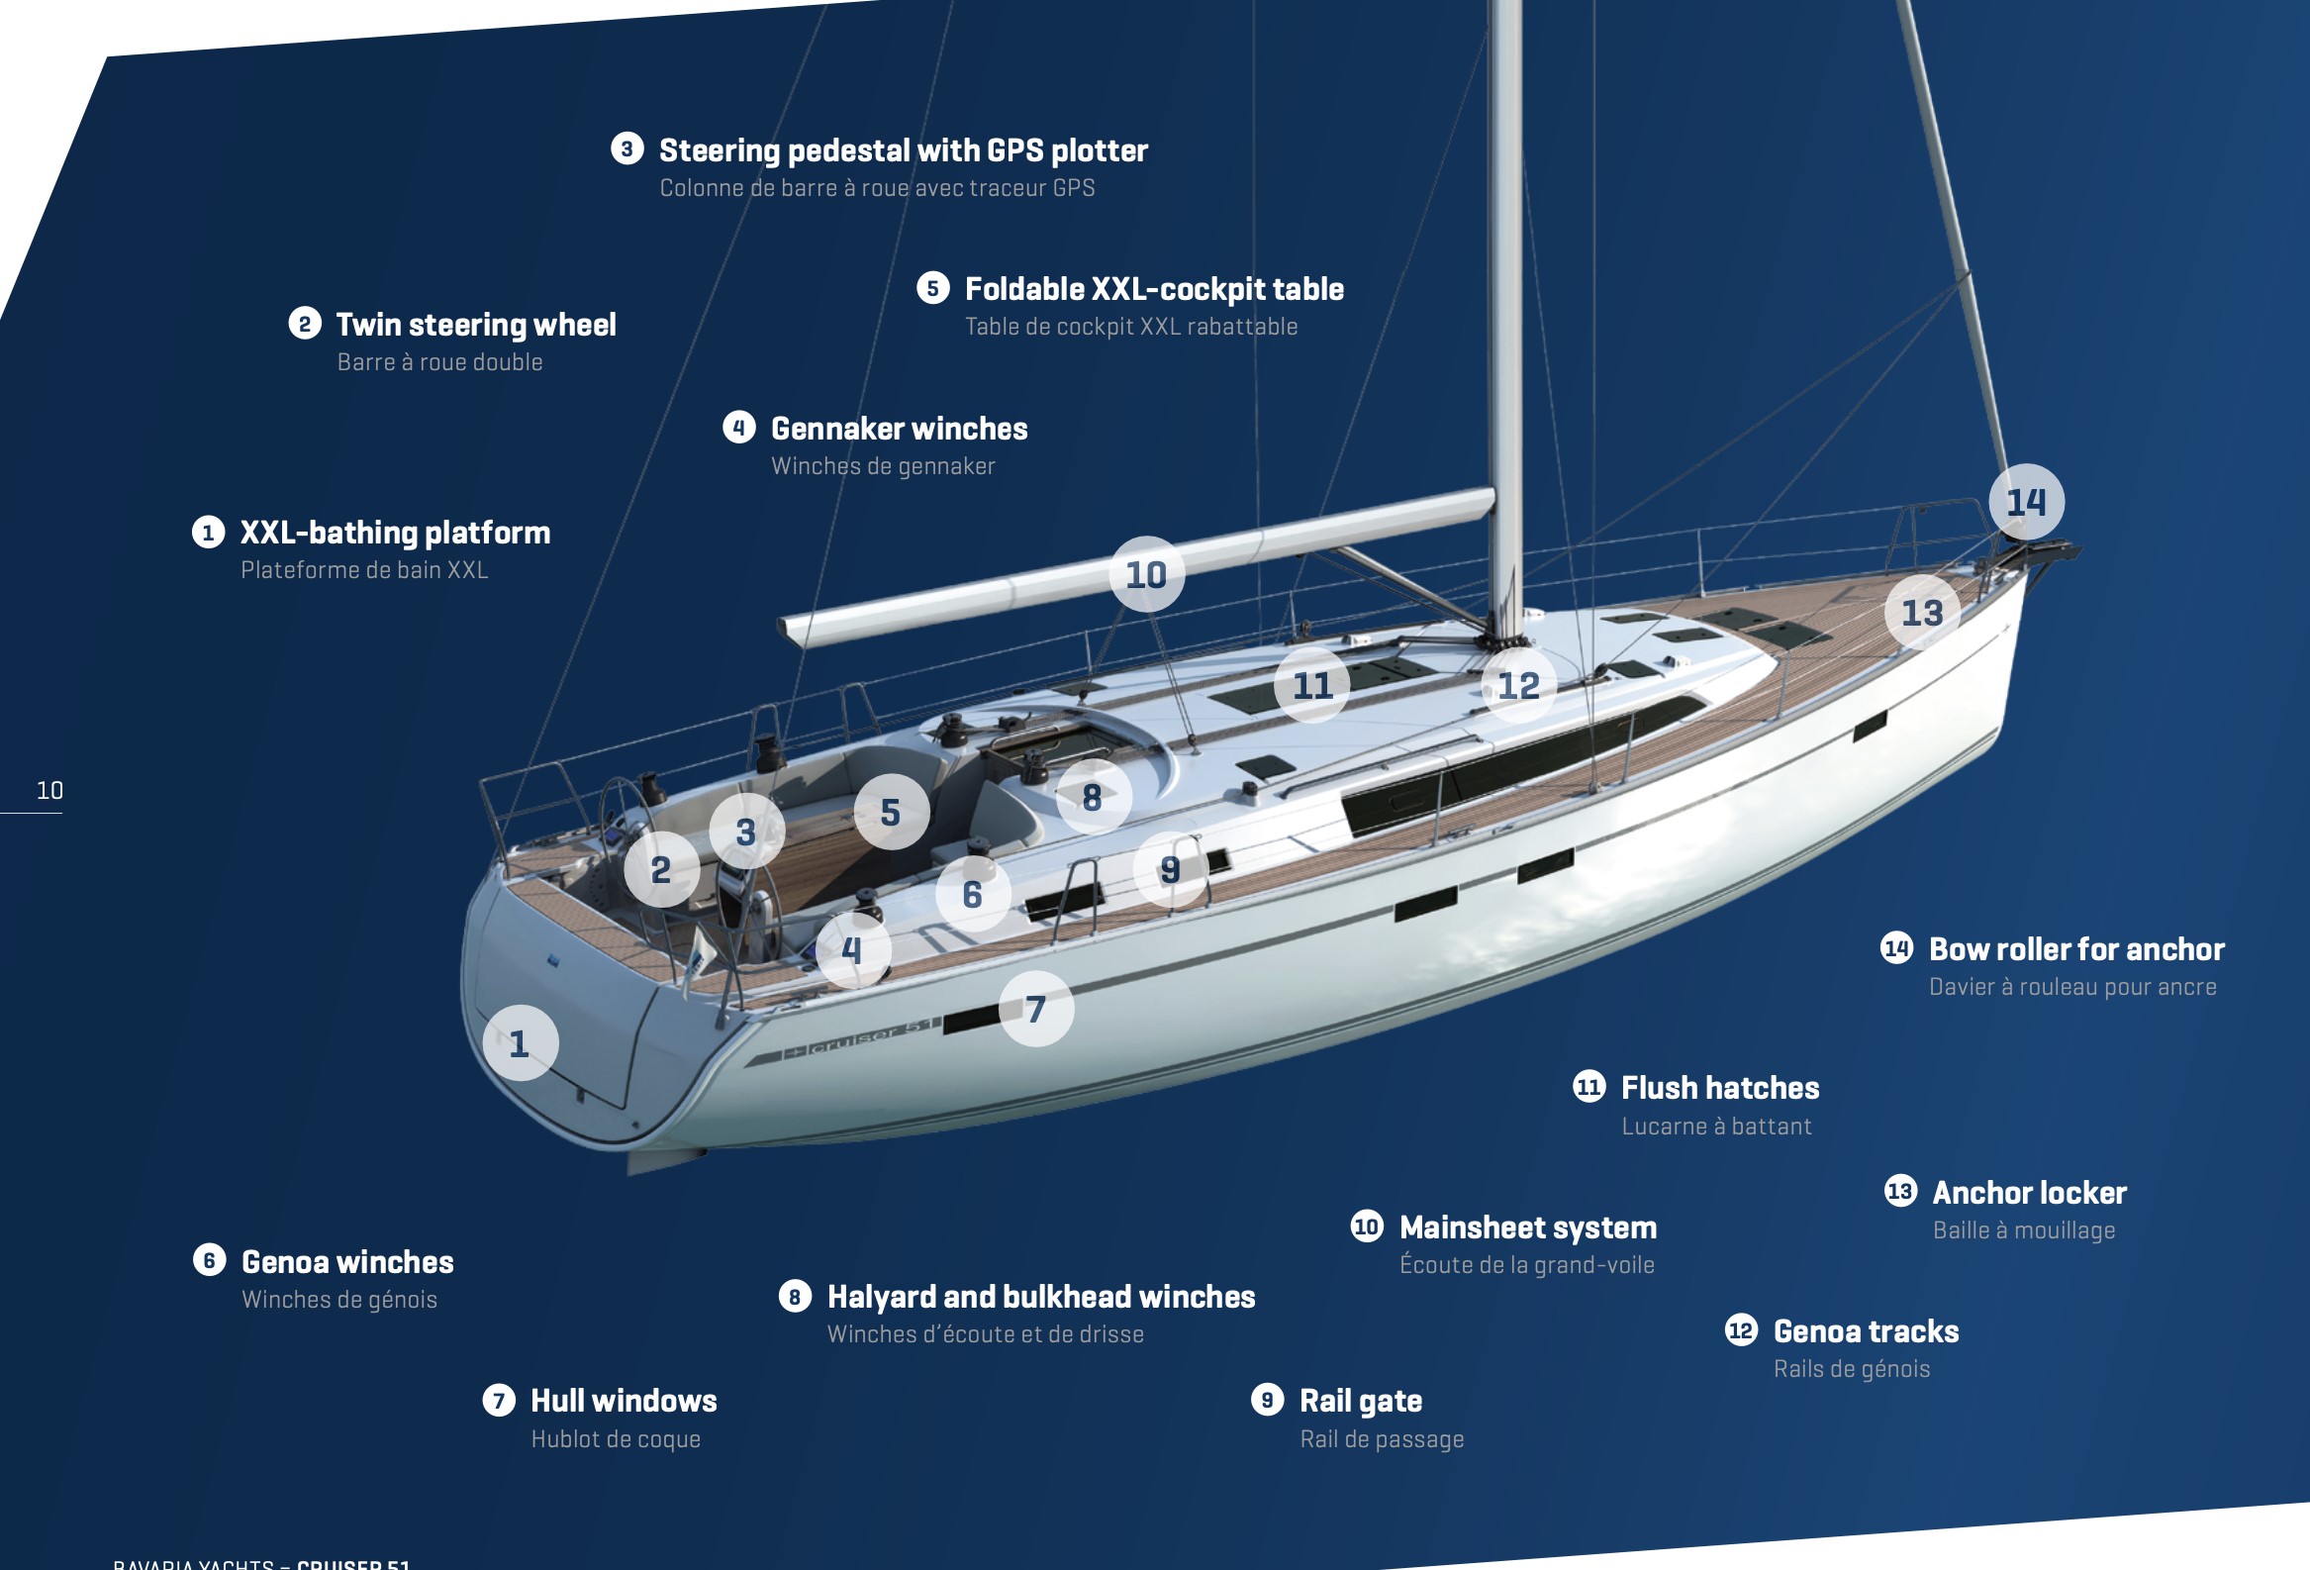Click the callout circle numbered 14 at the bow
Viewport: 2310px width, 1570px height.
[2026, 502]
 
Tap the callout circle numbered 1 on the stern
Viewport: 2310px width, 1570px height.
[520, 1043]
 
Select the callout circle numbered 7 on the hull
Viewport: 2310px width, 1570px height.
[1035, 1009]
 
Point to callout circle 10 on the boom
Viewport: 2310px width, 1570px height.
[1146, 575]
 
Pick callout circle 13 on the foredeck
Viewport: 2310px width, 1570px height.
[1922, 613]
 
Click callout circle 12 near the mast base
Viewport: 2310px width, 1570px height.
[1518, 685]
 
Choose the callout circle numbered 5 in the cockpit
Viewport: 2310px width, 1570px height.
[891, 813]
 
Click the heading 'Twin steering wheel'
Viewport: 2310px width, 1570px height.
[475, 325]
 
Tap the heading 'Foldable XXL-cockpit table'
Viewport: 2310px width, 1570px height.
[1153, 289]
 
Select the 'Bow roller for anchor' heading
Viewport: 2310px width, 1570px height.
[2075, 949]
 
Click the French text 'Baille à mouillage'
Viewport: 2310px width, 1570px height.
[2023, 1230]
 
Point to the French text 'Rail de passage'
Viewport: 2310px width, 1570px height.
[1381, 1439]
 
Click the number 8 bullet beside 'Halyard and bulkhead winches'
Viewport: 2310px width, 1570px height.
[795, 1297]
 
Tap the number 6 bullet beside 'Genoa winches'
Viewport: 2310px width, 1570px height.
[209, 1261]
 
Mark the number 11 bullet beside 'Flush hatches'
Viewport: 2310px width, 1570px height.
[1588, 1087]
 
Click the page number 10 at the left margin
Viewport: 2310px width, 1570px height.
[49, 791]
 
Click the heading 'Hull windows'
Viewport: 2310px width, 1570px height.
[624, 1401]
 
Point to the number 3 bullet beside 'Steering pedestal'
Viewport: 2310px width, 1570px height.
[627, 149]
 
